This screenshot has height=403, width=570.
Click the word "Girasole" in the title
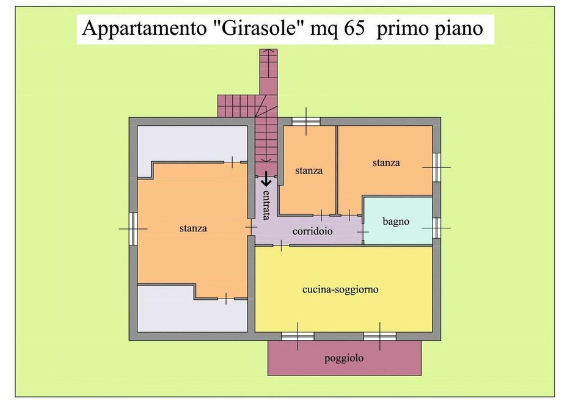258,28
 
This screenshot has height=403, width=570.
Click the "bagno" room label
396,221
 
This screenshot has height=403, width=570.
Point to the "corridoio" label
313,231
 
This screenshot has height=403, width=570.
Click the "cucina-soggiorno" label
341,289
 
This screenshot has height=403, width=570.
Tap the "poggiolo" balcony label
344,358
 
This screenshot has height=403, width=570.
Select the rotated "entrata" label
266,205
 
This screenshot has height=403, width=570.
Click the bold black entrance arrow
266,179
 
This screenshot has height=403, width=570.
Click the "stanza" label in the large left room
193,228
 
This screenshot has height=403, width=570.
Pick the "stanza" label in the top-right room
386,163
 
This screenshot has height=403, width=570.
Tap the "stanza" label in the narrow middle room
309,170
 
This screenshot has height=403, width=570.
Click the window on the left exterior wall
133,228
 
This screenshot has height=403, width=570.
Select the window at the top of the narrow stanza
306,122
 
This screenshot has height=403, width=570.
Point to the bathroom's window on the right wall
437,228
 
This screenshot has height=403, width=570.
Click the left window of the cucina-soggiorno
298,336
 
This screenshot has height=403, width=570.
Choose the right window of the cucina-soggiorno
380,336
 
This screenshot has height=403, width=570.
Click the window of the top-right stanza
437,167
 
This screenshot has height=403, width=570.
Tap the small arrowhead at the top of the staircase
269,51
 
